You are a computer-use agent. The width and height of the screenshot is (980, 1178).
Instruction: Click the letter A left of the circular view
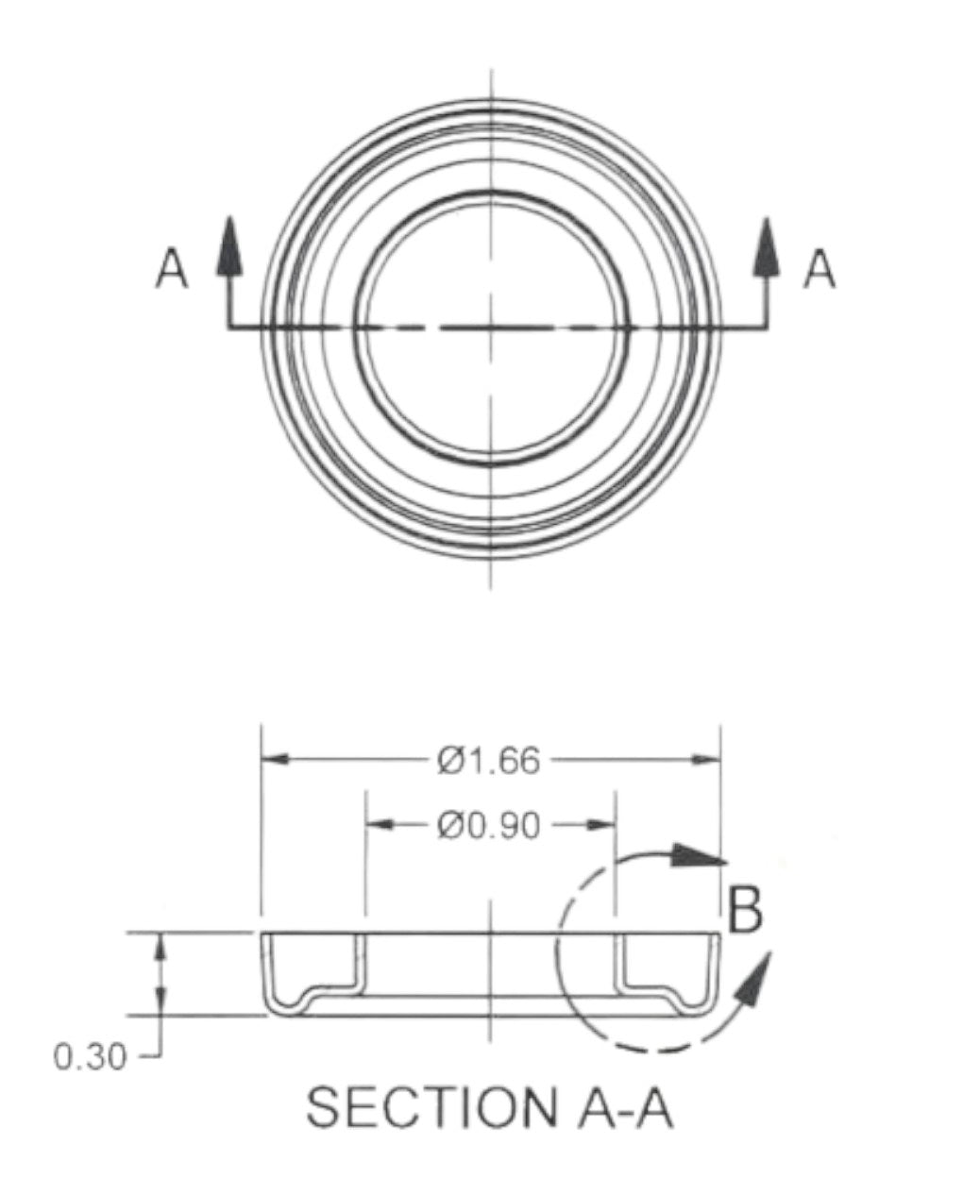click(172, 269)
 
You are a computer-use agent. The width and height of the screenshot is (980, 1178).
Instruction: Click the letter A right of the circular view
click(819, 269)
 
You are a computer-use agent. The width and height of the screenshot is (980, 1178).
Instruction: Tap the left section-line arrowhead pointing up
click(229, 246)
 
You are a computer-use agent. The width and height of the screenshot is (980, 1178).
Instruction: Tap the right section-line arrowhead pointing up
click(767, 246)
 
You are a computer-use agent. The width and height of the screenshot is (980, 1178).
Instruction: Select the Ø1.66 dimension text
click(489, 761)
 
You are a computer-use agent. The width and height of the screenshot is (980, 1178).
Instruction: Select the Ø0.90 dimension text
click(489, 826)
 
